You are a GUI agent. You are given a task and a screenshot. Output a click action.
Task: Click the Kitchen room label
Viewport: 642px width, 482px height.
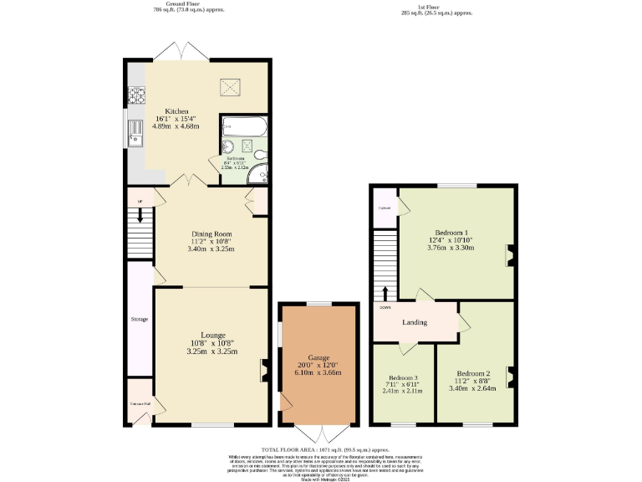(176, 111)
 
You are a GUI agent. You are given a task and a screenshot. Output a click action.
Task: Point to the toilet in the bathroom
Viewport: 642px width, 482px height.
(260, 153)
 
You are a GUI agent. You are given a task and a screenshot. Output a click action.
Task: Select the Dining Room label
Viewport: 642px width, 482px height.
(211, 233)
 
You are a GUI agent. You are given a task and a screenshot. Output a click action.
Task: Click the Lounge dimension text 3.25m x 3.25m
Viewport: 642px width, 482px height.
(211, 351)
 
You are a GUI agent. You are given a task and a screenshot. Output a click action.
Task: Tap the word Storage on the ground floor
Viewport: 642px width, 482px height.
(139, 319)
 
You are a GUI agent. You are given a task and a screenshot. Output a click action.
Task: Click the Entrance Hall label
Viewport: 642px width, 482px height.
(140, 404)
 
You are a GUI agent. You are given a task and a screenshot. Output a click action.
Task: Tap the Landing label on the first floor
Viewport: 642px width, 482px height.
(415, 322)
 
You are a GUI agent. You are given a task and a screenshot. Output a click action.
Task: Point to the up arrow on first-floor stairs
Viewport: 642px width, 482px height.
(385, 293)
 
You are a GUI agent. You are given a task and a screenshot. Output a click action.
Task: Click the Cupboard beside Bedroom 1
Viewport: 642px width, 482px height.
(385, 208)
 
